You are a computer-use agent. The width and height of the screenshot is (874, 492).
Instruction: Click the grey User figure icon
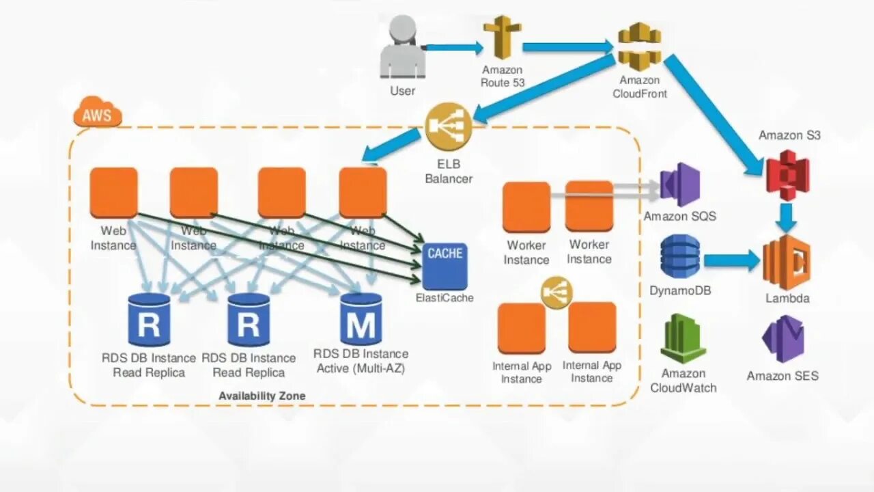tap(403, 47)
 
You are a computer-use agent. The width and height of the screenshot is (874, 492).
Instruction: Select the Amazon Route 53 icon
tap(502, 37)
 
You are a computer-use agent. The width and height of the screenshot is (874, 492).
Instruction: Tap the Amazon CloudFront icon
tap(640, 47)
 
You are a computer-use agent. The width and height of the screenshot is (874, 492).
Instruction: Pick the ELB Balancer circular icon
tap(449, 126)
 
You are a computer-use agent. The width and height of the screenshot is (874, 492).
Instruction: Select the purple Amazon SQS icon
tap(680, 184)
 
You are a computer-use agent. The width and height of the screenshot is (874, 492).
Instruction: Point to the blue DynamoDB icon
tap(680, 256)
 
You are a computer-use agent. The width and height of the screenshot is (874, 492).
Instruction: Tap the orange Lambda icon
tap(787, 262)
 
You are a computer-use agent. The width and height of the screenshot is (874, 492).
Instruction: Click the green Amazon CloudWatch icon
tap(683, 339)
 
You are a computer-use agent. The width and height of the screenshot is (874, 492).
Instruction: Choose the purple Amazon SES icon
tap(783, 339)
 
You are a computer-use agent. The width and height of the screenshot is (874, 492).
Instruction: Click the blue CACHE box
tap(445, 266)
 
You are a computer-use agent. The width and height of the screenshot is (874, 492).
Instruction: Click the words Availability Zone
tap(262, 396)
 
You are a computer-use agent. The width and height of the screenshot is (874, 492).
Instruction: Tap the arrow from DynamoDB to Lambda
tap(732, 260)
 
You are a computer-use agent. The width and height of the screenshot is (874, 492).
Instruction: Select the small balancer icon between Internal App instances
tap(556, 292)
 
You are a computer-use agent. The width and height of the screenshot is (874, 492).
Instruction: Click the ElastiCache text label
tap(445, 298)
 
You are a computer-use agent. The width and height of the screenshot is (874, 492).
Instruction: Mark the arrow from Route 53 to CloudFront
tap(568, 47)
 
